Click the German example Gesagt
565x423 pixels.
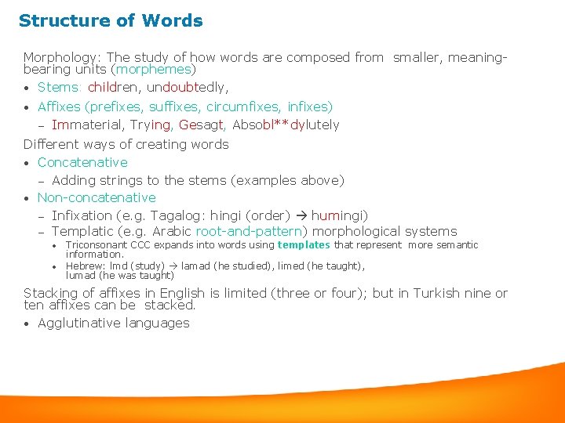point(202,125)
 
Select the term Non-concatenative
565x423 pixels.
point(97,198)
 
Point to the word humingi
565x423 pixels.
point(339,215)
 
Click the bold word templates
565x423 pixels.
point(304,245)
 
